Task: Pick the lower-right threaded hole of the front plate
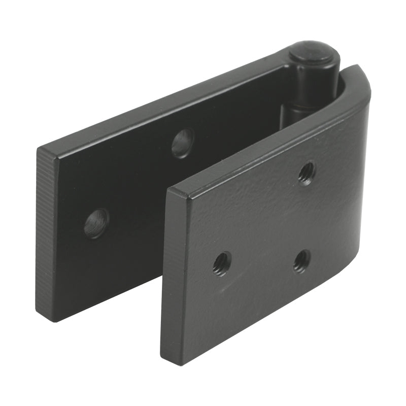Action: click(x=301, y=261)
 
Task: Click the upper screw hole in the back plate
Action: click(x=183, y=143)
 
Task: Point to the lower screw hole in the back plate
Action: click(x=96, y=223)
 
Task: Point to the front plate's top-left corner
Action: click(x=169, y=190)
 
